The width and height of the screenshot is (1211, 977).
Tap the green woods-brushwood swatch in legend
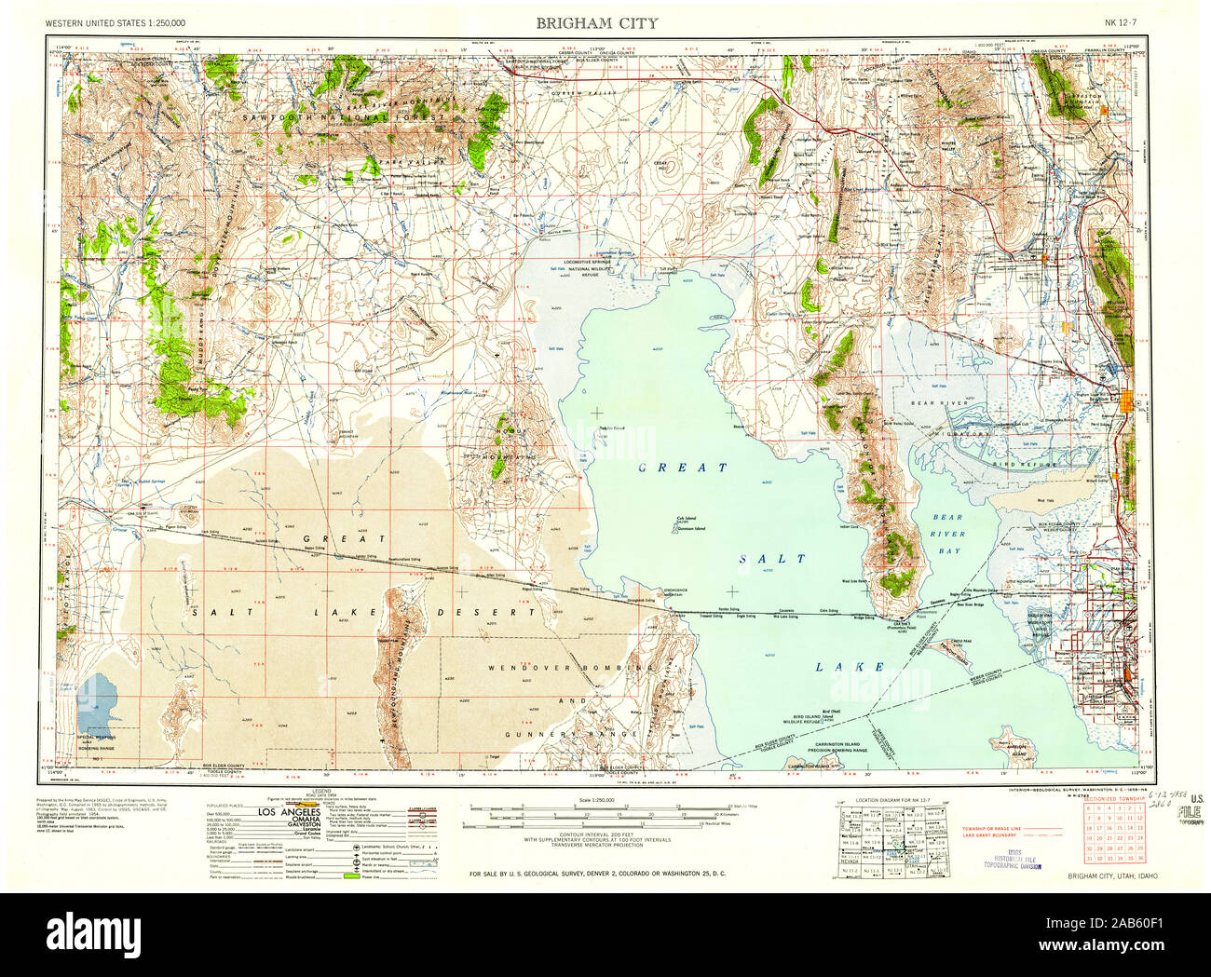tap(351, 876)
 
